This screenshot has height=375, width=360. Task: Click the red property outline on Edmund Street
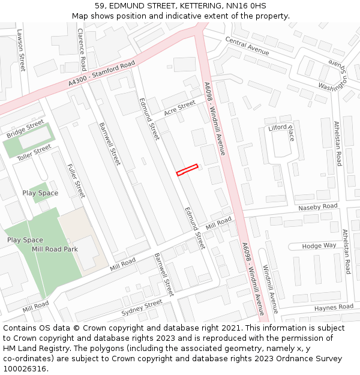click(x=187, y=170)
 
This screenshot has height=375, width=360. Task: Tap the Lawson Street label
click(x=22, y=50)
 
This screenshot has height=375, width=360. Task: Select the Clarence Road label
click(x=82, y=50)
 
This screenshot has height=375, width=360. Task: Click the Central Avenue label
click(x=247, y=46)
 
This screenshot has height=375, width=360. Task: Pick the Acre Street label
click(x=179, y=109)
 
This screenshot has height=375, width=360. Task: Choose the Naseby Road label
click(x=318, y=207)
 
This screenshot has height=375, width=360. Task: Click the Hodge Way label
click(x=319, y=246)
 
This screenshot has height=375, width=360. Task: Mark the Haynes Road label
click(x=334, y=307)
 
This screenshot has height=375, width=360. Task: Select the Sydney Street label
click(x=142, y=308)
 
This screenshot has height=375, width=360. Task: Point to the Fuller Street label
click(x=76, y=181)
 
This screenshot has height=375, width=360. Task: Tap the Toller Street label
click(x=34, y=152)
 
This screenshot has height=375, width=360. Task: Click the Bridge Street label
click(x=25, y=129)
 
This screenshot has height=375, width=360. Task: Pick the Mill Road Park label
click(x=55, y=249)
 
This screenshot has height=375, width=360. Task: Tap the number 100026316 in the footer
click(x=25, y=368)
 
